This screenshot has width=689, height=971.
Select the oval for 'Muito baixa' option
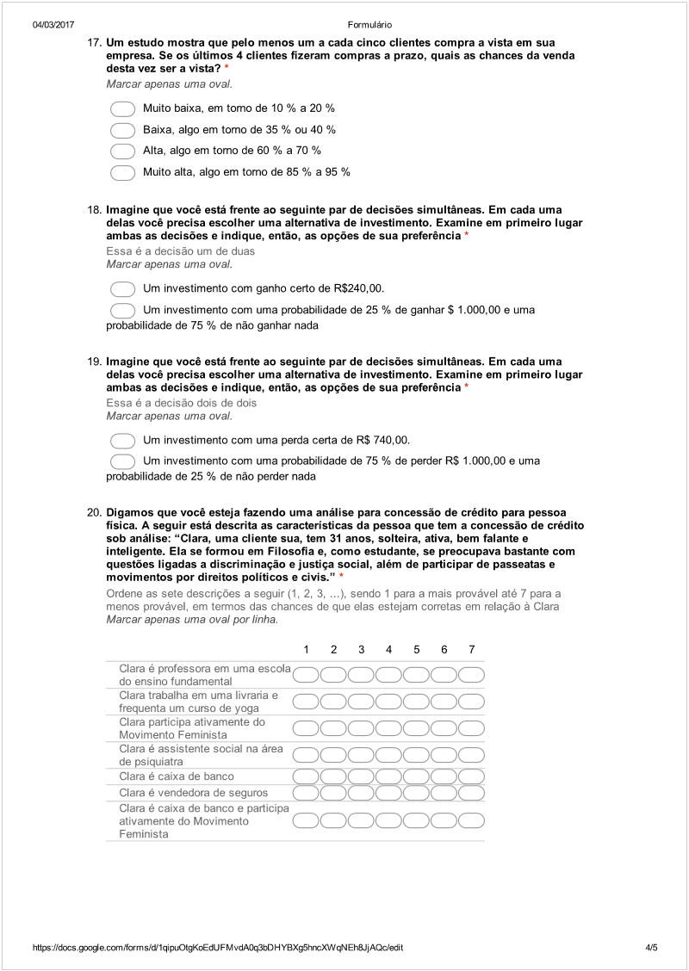(123, 109)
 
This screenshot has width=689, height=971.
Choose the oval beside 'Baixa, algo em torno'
(123, 130)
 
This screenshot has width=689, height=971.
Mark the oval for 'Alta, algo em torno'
(123, 152)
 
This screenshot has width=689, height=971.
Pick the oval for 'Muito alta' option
(123, 172)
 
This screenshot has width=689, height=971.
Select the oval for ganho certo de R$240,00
(123, 288)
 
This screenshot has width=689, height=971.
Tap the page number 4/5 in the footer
(651, 948)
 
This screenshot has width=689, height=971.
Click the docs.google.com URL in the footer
(218, 948)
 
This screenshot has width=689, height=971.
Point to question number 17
(95, 42)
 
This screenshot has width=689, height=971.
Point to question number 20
(95, 512)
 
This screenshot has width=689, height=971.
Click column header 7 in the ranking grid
(471, 649)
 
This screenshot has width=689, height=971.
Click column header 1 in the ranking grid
(307, 649)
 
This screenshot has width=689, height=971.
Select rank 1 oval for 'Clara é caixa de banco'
(307, 776)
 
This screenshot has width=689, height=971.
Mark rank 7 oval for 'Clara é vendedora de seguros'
(471, 793)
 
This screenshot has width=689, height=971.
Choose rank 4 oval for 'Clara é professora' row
(389, 674)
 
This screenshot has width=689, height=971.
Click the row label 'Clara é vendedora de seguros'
(193, 793)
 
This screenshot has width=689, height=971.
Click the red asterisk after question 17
(227, 68)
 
